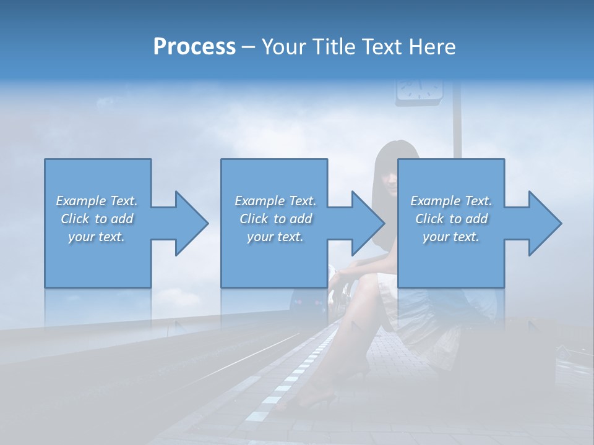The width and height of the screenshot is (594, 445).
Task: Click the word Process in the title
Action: [x=194, y=47]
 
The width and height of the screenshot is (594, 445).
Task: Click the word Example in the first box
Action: [x=81, y=201]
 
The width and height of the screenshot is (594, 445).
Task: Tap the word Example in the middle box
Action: [x=260, y=201]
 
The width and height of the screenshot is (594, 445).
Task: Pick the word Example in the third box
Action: [x=436, y=201]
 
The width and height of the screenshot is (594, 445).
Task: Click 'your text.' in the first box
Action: [x=97, y=237]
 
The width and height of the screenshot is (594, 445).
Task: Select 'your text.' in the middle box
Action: [x=275, y=237]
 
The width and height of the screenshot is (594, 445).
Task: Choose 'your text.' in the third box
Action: [x=451, y=237]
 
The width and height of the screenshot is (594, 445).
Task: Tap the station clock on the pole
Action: [x=420, y=88]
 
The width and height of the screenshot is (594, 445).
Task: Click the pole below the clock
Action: [x=458, y=130]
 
